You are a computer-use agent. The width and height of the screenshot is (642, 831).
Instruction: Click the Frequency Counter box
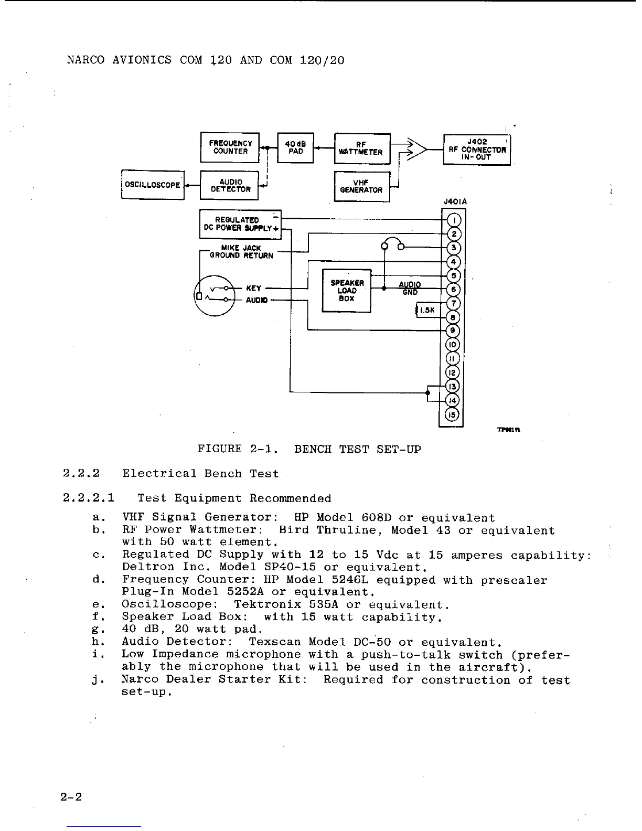pyautogui.click(x=230, y=147)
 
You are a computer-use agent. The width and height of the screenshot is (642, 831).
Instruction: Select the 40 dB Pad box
pyautogui.click(x=295, y=147)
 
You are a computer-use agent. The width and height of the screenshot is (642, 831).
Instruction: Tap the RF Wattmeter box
pyautogui.click(x=362, y=148)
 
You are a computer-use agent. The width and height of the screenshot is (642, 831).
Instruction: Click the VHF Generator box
pyautogui.click(x=362, y=186)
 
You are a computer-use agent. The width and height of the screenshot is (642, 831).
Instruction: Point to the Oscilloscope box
pyautogui.click(x=153, y=185)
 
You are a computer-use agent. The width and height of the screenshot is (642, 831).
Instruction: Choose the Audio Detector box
pyautogui.click(x=230, y=185)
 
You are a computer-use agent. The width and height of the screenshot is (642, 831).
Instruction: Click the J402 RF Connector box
pyautogui.click(x=477, y=150)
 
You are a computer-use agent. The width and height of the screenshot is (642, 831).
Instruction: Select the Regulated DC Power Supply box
pyautogui.click(x=240, y=224)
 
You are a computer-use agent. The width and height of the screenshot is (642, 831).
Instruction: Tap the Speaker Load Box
pyautogui.click(x=347, y=291)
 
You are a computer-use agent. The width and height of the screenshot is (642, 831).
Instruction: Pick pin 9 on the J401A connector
pyautogui.click(x=452, y=331)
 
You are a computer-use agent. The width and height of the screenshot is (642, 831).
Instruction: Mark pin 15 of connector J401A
pyautogui.click(x=452, y=414)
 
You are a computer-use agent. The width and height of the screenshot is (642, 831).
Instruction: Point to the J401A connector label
pyautogui.click(x=454, y=201)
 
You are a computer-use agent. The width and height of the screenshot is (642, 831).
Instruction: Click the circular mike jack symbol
pyautogui.click(x=213, y=296)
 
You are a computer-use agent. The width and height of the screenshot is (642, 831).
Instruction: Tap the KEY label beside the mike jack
pyautogui.click(x=254, y=289)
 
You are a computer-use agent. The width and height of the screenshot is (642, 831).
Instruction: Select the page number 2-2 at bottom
pyautogui.click(x=71, y=797)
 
